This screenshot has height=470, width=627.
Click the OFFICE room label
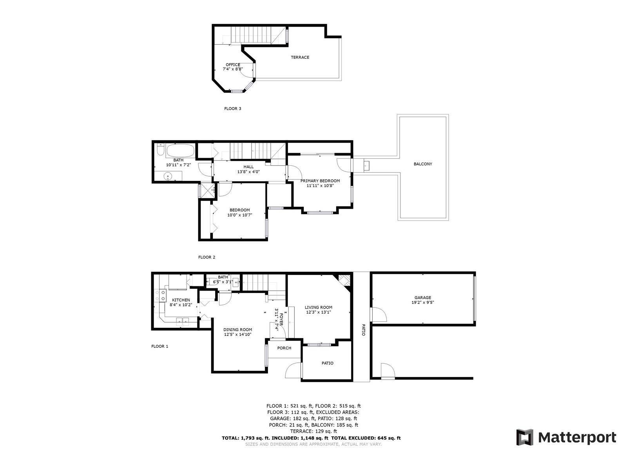[233, 65]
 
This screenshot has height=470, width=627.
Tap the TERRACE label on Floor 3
[300, 57]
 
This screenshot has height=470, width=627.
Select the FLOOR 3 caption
[232, 109]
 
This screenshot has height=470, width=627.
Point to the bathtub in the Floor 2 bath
[180, 150]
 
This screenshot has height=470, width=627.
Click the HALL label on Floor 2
[248, 167]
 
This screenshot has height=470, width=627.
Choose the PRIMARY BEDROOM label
[320, 181]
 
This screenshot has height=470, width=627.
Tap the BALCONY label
[423, 164]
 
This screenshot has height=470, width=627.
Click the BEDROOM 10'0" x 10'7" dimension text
[240, 215]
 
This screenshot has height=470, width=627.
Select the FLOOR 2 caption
[207, 257]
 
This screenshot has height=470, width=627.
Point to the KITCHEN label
[181, 300]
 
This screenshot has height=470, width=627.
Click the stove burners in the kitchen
[161, 295]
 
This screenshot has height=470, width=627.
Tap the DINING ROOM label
[237, 330]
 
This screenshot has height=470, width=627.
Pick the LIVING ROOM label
[319, 307]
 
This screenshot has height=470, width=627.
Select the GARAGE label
[423, 298]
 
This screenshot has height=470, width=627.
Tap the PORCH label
[284, 348]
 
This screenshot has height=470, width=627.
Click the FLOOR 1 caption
[159, 347]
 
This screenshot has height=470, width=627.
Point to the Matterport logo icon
[525, 437]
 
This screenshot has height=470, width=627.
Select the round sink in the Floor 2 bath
[168, 177]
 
